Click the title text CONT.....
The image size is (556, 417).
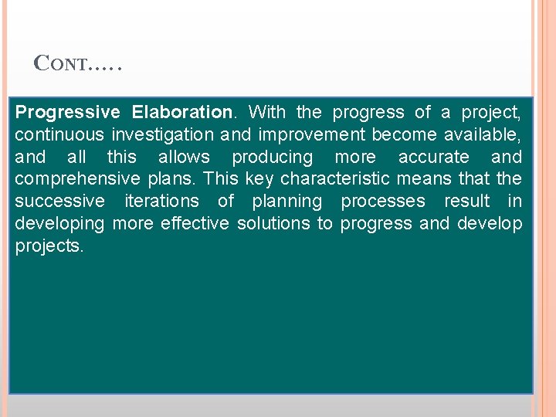tap(77, 64)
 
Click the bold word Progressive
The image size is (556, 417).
tap(67, 113)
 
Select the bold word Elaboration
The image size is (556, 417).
tap(181, 113)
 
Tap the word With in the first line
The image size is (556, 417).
tap(267, 113)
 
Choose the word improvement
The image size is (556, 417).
tap(312, 135)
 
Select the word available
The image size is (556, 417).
tap(482, 135)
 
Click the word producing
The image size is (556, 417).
tap(273, 158)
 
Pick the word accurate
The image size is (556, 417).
tap(433, 158)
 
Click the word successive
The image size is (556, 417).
tap(59, 202)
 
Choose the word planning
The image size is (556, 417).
tap(286, 202)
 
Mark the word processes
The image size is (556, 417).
tap(383, 202)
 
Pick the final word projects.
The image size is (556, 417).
tap(49, 246)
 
